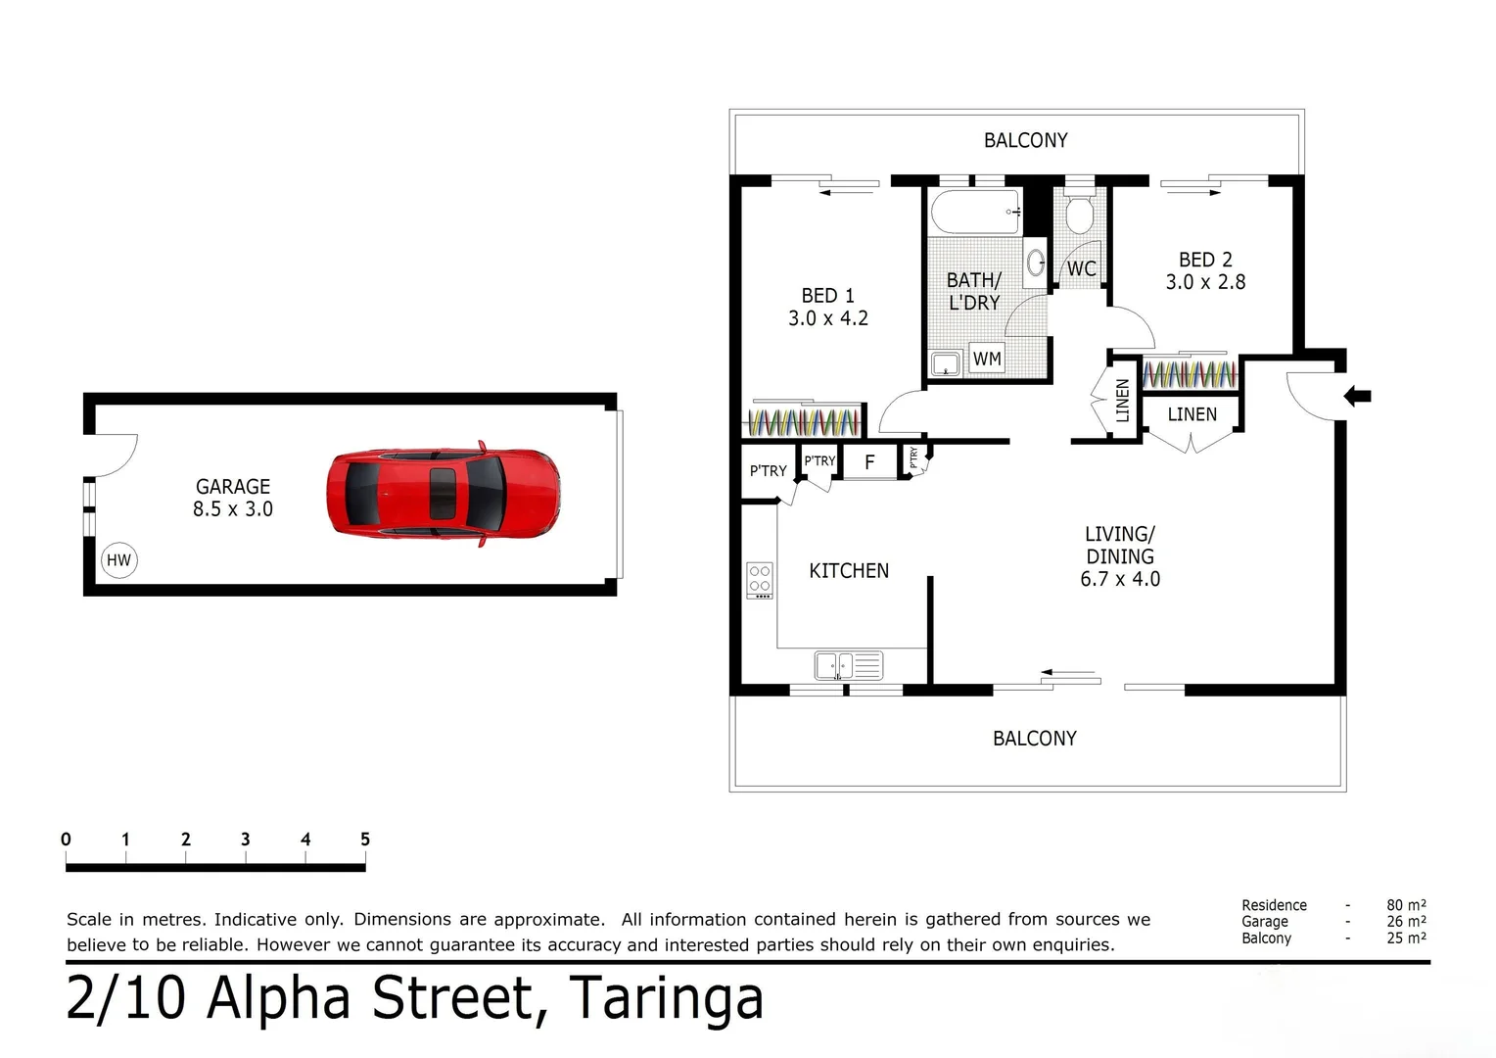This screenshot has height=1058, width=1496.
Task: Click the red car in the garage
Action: click(444, 493)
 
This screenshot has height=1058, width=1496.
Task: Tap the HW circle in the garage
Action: click(118, 560)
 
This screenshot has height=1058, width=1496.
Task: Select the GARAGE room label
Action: click(232, 487)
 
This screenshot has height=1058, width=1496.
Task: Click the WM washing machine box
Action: click(987, 359)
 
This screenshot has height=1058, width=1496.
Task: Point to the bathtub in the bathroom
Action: click(976, 212)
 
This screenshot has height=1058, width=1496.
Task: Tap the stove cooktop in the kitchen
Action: click(760, 580)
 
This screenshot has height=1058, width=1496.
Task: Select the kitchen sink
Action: click(849, 666)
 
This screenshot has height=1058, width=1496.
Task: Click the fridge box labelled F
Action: click(869, 461)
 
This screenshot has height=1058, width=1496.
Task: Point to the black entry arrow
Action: click(1357, 397)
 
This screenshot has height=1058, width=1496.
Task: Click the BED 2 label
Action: click(1205, 260)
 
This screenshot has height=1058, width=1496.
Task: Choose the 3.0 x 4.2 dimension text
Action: click(828, 318)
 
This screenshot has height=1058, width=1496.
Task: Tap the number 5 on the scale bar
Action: click(364, 840)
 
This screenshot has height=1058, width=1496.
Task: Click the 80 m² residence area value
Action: click(1407, 905)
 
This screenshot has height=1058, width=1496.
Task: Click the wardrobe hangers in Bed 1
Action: click(804, 422)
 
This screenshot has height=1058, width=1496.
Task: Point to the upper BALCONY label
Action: click(1026, 140)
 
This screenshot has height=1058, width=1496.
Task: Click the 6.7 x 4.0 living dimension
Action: click(1120, 579)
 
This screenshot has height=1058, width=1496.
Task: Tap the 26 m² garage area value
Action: click(1407, 922)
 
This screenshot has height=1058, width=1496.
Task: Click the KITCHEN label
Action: click(849, 571)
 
